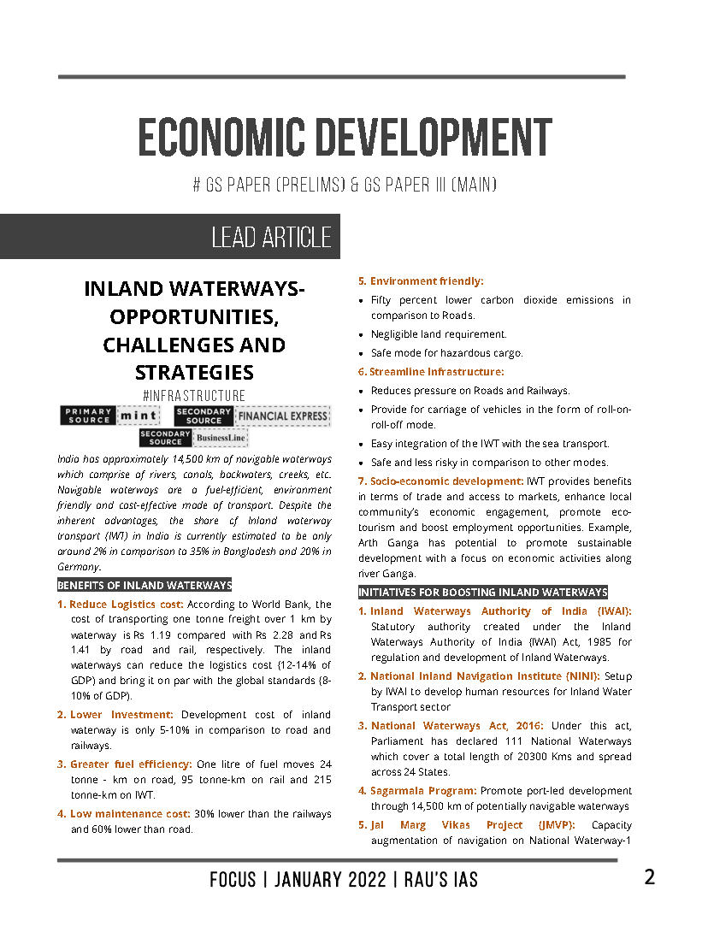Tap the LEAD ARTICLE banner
pos(270,238)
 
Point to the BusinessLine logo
pos(220,438)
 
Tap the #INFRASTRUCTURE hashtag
pos(194,395)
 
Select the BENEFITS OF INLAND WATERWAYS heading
pos(145,586)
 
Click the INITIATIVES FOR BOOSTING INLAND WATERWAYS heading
pos(482,592)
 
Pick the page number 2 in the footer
pos(649,877)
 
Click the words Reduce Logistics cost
pos(127,604)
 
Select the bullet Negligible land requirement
pos(439,334)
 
